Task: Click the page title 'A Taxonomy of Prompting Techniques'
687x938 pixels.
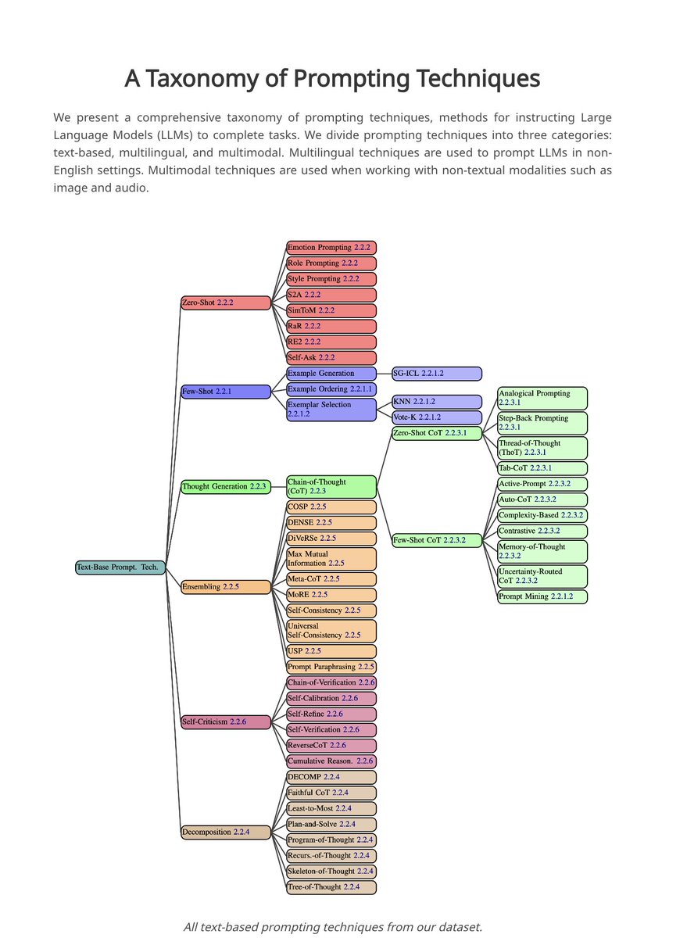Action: point(332,79)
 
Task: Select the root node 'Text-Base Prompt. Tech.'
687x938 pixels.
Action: point(120,567)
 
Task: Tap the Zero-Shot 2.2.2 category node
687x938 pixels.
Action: point(226,303)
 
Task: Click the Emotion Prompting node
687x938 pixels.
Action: point(331,248)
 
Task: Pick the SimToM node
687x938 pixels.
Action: point(331,310)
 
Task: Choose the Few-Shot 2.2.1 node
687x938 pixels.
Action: point(226,392)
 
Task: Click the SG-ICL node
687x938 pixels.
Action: point(437,374)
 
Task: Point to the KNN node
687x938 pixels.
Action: point(437,402)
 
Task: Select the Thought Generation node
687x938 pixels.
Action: point(226,487)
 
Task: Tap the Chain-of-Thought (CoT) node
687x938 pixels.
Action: point(331,487)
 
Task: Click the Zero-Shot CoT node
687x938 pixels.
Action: point(437,433)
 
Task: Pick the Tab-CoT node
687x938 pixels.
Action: point(542,468)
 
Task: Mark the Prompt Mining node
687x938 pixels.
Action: point(542,596)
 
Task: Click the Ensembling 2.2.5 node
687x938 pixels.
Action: point(226,586)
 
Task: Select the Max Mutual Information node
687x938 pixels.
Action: point(331,559)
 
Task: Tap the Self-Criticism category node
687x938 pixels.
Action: point(226,722)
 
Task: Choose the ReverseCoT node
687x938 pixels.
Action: point(331,746)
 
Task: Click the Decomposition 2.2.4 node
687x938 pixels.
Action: point(226,832)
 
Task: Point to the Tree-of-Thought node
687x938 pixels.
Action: point(331,887)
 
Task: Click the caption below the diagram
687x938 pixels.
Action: point(333,927)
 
